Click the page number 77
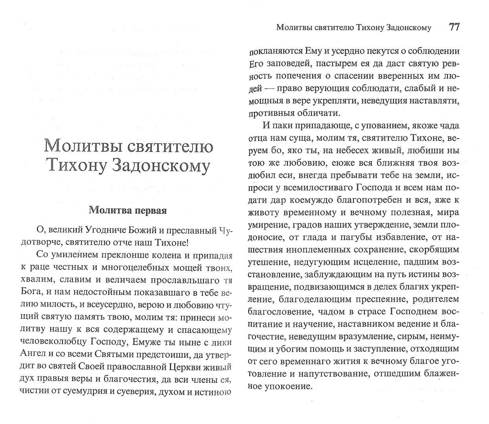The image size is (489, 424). point(454,27)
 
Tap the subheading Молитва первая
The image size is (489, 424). point(128,210)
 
